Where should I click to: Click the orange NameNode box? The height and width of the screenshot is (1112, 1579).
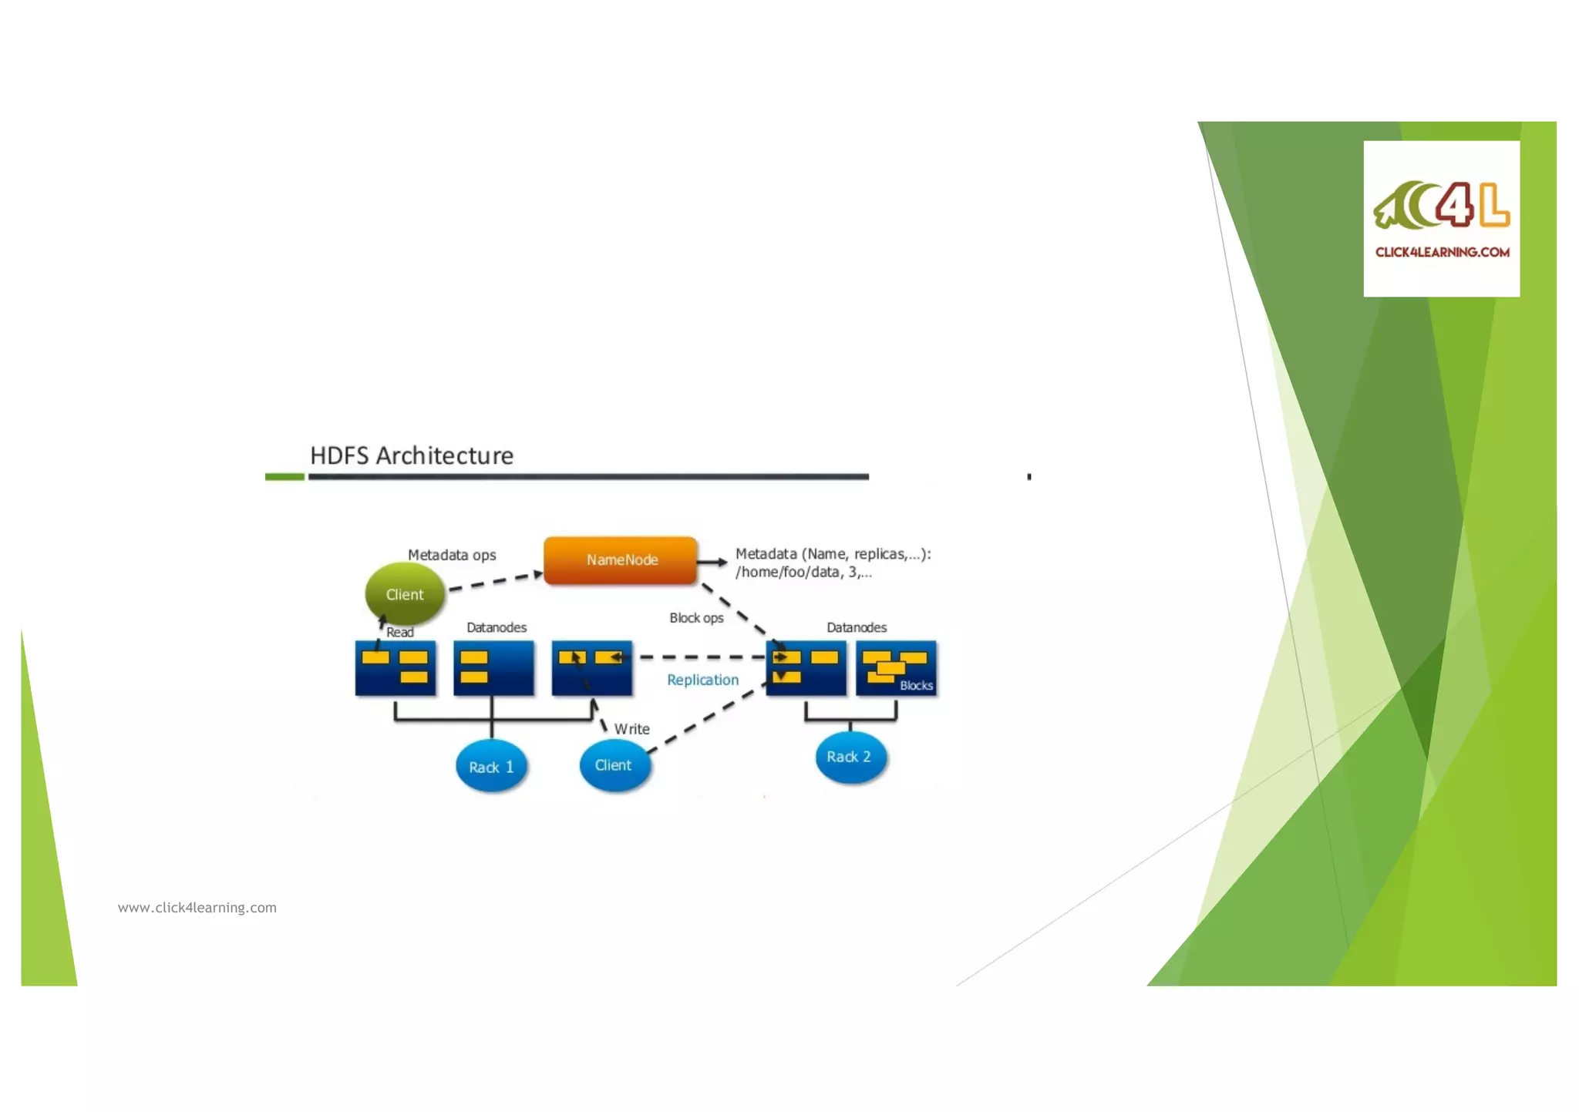pos(621,560)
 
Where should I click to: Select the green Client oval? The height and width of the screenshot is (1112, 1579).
pos(405,594)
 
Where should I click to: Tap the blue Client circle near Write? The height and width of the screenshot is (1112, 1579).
pos(614,765)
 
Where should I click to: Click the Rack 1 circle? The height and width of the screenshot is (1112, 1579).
pos(491,767)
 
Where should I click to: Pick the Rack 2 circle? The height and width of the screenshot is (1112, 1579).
pos(850,757)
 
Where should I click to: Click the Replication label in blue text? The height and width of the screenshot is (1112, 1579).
pos(702,680)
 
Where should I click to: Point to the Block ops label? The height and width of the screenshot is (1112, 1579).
pos(696,618)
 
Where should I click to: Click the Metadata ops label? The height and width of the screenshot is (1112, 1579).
pos(452,555)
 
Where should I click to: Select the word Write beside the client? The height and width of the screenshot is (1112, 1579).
pos(631,729)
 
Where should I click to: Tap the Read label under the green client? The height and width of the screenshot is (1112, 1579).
pos(399,633)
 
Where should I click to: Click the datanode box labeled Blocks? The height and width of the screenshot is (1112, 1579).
pos(897,668)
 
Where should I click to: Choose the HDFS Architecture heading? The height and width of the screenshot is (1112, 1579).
pos(412,455)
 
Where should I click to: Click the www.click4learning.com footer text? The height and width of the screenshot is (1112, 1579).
pos(197,908)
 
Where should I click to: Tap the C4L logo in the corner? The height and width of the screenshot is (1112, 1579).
pos(1441,206)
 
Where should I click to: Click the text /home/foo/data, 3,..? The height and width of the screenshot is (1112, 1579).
pos(803,573)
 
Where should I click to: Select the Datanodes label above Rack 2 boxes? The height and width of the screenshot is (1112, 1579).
pos(857,627)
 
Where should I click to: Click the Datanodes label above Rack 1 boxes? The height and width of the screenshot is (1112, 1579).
pos(497,627)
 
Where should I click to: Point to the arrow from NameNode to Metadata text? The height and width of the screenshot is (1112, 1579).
pos(712,562)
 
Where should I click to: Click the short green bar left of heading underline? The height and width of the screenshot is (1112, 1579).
pos(284,477)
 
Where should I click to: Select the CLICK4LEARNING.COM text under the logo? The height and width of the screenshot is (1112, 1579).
pos(1442,252)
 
